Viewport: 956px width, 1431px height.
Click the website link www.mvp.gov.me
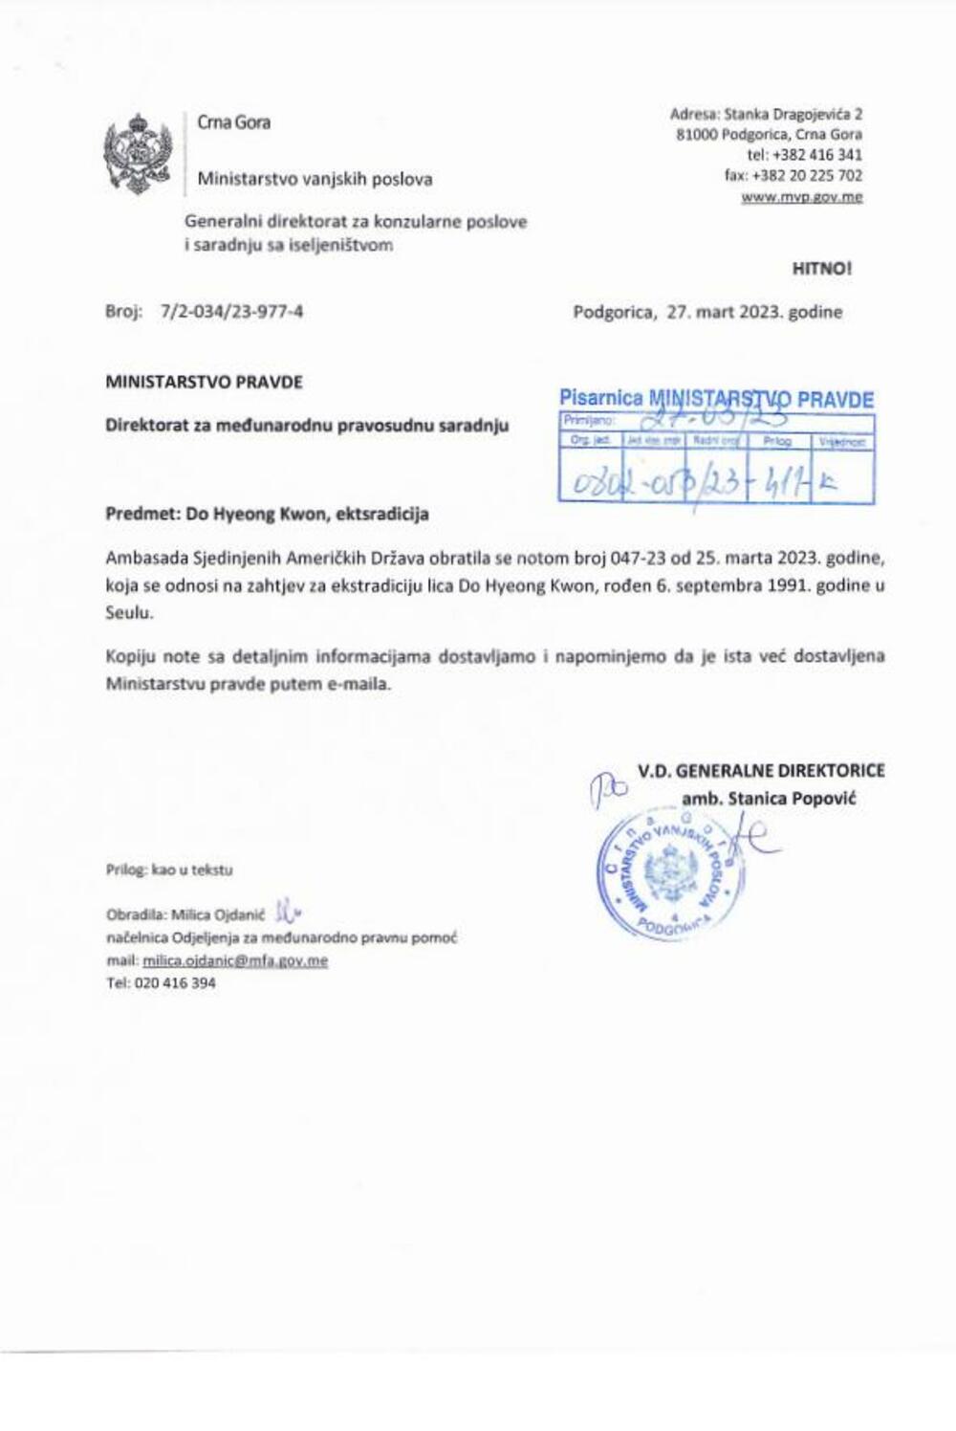[801, 197]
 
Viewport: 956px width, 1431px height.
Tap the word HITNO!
[821, 269]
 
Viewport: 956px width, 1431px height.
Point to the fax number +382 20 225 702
[807, 175]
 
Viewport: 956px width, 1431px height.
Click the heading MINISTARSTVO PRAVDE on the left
[204, 382]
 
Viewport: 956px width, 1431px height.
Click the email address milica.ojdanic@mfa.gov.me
[235, 960]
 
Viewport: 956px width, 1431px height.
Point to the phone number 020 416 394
[175, 982]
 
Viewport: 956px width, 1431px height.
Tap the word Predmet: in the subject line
[143, 514]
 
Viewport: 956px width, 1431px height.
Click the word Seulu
[129, 613]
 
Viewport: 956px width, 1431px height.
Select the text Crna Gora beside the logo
[233, 122]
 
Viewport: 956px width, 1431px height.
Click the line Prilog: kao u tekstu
[169, 870]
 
